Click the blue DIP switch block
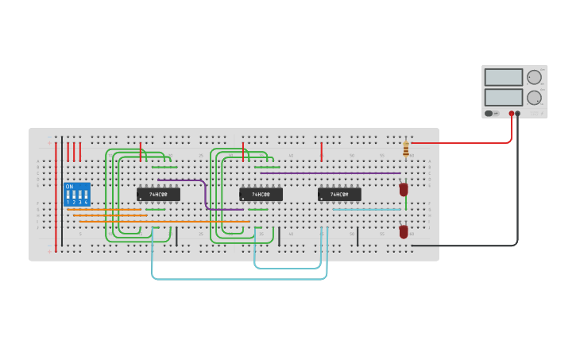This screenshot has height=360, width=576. click(x=76, y=195)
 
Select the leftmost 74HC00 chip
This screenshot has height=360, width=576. click(x=158, y=194)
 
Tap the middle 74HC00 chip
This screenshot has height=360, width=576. click(x=261, y=194)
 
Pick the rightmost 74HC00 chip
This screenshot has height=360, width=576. click(x=339, y=194)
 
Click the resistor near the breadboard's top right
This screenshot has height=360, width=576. click(x=406, y=149)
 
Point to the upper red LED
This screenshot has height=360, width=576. click(x=404, y=189)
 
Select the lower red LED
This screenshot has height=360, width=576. click(x=404, y=231)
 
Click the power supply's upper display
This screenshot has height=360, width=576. click(x=503, y=77)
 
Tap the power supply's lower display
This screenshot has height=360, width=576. click(x=503, y=97)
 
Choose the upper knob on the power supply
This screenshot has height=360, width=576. click(x=534, y=77)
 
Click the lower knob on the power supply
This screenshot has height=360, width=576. click(x=534, y=97)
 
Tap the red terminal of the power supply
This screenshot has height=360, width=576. click(x=512, y=114)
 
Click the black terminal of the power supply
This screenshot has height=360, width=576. click(x=518, y=114)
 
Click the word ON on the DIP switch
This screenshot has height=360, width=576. click(x=69, y=187)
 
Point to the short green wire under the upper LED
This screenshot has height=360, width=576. click(x=405, y=205)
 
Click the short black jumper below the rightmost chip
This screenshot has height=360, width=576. click(x=358, y=236)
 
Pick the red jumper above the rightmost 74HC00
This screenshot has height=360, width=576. click(x=321, y=151)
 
